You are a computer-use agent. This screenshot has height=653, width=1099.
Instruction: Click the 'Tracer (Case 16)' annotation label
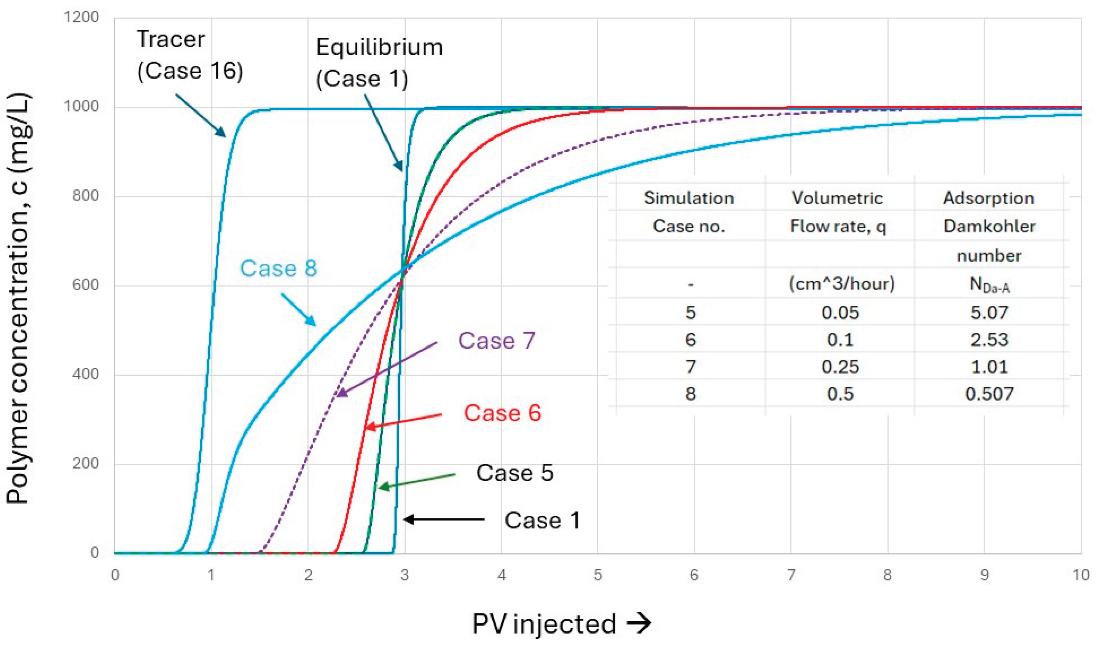190,56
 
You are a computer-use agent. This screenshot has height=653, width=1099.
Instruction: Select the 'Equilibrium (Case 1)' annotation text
379,63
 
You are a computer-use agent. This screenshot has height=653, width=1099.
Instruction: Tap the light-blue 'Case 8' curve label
278,268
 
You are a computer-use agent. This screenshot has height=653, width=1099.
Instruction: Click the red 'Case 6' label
502,413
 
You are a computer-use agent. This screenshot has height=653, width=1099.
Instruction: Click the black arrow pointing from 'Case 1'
444,519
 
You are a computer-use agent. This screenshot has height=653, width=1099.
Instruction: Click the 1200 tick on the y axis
81,17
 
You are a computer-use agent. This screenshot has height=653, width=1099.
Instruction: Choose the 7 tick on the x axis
791,575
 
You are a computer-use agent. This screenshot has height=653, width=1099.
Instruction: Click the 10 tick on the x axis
1080,575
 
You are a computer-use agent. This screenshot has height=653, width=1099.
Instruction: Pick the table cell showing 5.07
989,312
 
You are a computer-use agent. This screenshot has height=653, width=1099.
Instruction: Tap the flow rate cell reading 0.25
840,367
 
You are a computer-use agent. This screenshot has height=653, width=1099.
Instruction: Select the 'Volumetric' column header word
838,198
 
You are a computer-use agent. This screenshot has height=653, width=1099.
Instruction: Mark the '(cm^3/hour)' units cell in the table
841,284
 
